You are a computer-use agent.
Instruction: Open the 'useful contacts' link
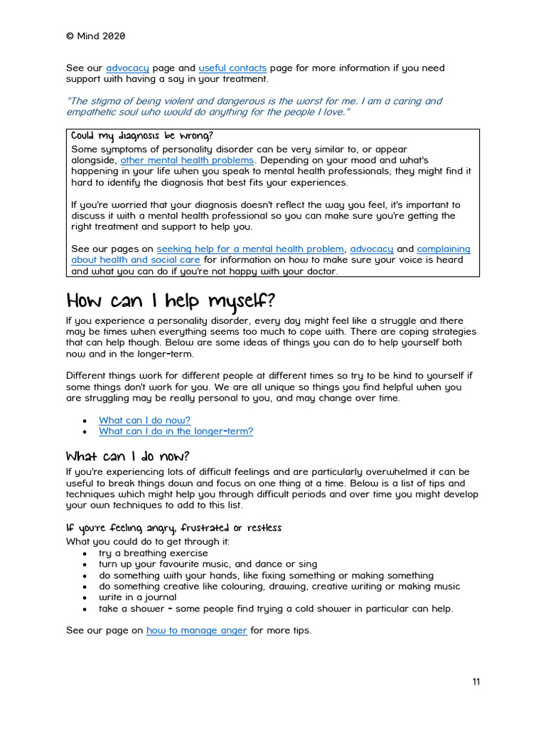[232, 68]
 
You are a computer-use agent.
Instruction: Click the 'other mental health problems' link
[187, 160]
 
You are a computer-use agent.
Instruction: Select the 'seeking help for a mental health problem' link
[250, 249]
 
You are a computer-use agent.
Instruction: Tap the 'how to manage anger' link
[197, 631]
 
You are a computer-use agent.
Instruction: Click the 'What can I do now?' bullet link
[144, 420]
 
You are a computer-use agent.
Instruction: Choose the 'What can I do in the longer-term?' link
[176, 431]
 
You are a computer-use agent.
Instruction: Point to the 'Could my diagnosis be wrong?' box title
[142, 136]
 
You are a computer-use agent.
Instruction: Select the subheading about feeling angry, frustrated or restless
[174, 528]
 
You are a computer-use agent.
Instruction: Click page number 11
[476, 682]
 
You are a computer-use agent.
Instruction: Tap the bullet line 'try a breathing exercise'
[154, 553]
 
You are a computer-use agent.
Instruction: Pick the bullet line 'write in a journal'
[138, 597]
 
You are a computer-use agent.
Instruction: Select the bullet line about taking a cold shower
[276, 609]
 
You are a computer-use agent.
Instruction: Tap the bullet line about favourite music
[208, 564]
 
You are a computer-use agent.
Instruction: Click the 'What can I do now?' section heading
[128, 456]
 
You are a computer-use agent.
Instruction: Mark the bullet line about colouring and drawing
[279, 587]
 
